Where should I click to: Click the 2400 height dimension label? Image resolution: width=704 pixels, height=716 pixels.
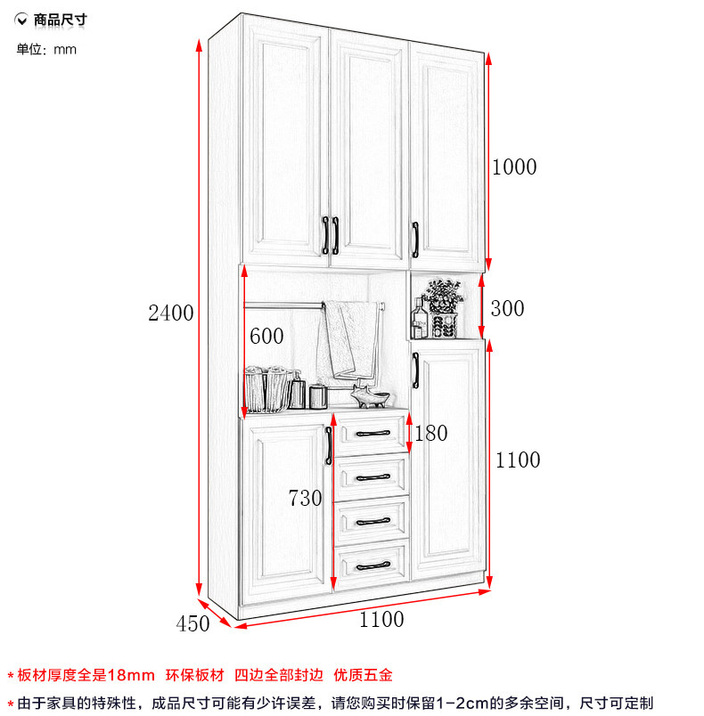click(x=171, y=313)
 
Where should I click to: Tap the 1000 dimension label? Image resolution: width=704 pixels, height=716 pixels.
click(x=514, y=167)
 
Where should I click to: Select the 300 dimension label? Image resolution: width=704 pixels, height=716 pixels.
click(x=507, y=309)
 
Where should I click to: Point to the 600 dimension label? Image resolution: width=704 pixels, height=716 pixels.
click(x=266, y=337)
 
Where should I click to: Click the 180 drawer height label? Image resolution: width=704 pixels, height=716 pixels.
click(x=430, y=434)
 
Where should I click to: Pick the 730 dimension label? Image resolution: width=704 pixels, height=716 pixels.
click(x=305, y=498)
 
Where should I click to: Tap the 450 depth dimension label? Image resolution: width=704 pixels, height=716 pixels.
click(x=192, y=623)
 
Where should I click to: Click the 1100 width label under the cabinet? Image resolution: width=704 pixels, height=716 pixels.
click(x=381, y=620)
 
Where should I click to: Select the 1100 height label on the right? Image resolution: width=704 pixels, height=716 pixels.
click(x=518, y=460)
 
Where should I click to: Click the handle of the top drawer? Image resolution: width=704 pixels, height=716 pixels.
click(x=373, y=433)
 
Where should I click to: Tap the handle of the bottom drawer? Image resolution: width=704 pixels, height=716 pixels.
click(x=373, y=566)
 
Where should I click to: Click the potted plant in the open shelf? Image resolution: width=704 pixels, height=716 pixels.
click(x=443, y=308)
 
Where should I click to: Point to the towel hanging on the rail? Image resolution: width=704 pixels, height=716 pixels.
click(x=349, y=340)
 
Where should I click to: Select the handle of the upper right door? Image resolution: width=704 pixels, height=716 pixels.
click(x=415, y=240)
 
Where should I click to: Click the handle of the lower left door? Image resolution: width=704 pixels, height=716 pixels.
click(x=329, y=445)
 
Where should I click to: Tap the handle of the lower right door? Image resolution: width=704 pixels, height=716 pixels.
click(x=415, y=370)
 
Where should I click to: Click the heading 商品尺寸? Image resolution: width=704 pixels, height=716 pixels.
click(x=60, y=20)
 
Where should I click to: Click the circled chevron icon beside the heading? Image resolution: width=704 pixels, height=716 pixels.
click(x=21, y=20)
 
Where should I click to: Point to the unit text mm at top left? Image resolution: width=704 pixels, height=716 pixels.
click(x=65, y=50)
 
